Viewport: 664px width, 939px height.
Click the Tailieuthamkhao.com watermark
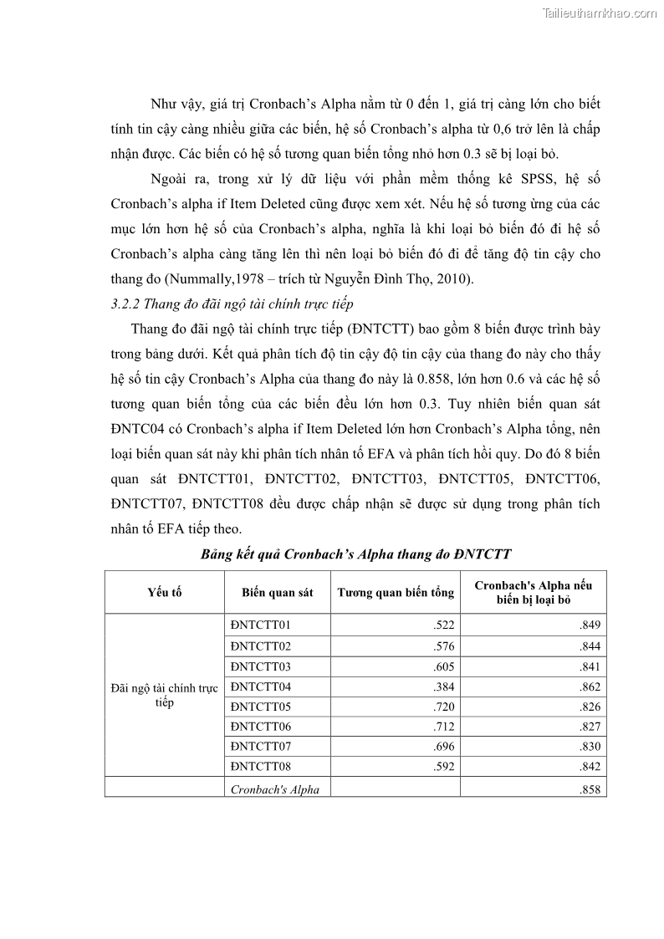click(600, 13)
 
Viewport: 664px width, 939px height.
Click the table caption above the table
click(355, 554)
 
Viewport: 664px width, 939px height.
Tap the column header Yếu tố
click(165, 592)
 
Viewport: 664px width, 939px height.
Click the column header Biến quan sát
click(278, 592)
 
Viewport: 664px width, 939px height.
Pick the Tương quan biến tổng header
click(396, 592)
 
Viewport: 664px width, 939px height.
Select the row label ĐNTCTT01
click(260, 625)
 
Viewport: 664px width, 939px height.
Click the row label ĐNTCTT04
click(260, 686)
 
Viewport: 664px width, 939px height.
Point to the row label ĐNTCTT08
click(260, 767)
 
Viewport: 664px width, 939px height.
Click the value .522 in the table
click(442, 625)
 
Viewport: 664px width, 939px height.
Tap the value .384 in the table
click(442, 687)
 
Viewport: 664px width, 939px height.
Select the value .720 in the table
click(442, 707)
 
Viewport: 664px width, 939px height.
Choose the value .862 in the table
click(590, 687)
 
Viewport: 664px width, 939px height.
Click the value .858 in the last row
click(590, 789)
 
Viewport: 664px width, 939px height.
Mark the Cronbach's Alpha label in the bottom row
click(274, 789)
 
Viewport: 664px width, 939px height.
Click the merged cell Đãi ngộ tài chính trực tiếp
click(165, 695)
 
